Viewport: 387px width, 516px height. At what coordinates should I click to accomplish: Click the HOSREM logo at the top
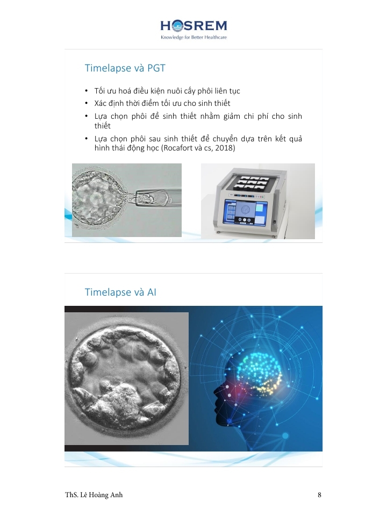point(194,26)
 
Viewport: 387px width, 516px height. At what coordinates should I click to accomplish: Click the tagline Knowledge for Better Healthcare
point(194,37)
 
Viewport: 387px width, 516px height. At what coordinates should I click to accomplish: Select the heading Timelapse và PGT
point(125,68)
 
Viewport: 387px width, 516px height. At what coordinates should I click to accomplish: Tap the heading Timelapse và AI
point(120,292)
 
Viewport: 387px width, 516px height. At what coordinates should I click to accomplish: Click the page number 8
point(319,494)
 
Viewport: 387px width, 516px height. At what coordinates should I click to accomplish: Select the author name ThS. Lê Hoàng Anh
point(94,494)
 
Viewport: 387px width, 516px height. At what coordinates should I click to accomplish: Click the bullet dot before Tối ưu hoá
point(87,91)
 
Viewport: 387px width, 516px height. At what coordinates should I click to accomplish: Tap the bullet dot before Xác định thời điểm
point(87,103)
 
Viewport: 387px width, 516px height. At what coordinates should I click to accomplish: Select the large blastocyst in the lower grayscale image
point(125,378)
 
